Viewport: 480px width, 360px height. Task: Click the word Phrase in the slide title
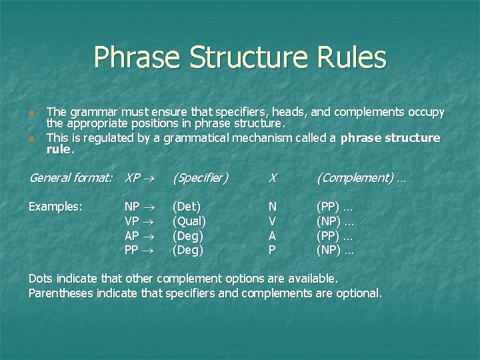(x=137, y=57)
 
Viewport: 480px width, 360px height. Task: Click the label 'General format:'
(x=71, y=178)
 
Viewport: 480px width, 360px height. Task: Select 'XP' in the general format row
(x=132, y=178)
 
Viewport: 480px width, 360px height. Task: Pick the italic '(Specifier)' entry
(x=200, y=178)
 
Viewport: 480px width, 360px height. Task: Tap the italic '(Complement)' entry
(x=355, y=178)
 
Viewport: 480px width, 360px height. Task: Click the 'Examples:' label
(x=55, y=207)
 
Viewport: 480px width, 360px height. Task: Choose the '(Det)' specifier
(x=187, y=207)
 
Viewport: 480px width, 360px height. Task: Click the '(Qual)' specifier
(x=189, y=221)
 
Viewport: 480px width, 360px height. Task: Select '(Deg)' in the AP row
(x=188, y=236)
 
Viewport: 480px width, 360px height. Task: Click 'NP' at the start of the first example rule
(x=132, y=207)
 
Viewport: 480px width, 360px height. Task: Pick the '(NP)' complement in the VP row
(x=327, y=221)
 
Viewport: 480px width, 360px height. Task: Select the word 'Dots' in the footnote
(x=41, y=278)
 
